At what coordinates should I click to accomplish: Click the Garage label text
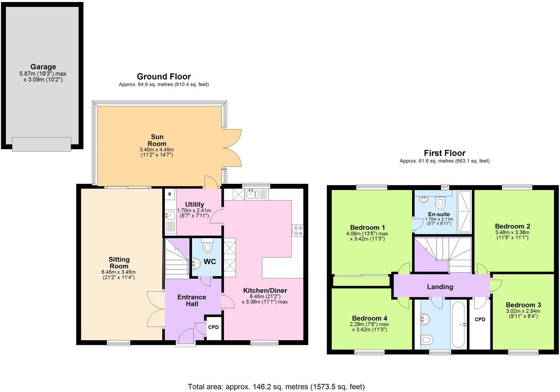43,67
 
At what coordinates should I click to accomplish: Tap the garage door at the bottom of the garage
41,144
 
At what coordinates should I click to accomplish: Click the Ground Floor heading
164,77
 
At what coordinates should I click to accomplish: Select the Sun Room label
157,140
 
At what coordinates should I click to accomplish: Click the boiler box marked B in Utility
170,194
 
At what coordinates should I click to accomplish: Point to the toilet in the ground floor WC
208,246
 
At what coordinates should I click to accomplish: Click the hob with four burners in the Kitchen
297,231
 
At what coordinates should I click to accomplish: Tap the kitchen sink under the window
252,194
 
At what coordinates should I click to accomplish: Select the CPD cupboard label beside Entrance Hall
214,327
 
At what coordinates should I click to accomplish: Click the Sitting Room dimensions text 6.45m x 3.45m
119,272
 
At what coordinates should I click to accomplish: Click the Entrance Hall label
192,300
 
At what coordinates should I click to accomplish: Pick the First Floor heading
444,153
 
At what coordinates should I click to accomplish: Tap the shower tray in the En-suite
464,211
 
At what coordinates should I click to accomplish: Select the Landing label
440,287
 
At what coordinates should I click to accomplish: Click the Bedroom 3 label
523,305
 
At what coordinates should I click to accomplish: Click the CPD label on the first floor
480,319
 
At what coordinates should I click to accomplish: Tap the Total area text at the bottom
276,387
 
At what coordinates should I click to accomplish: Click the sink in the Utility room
170,216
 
